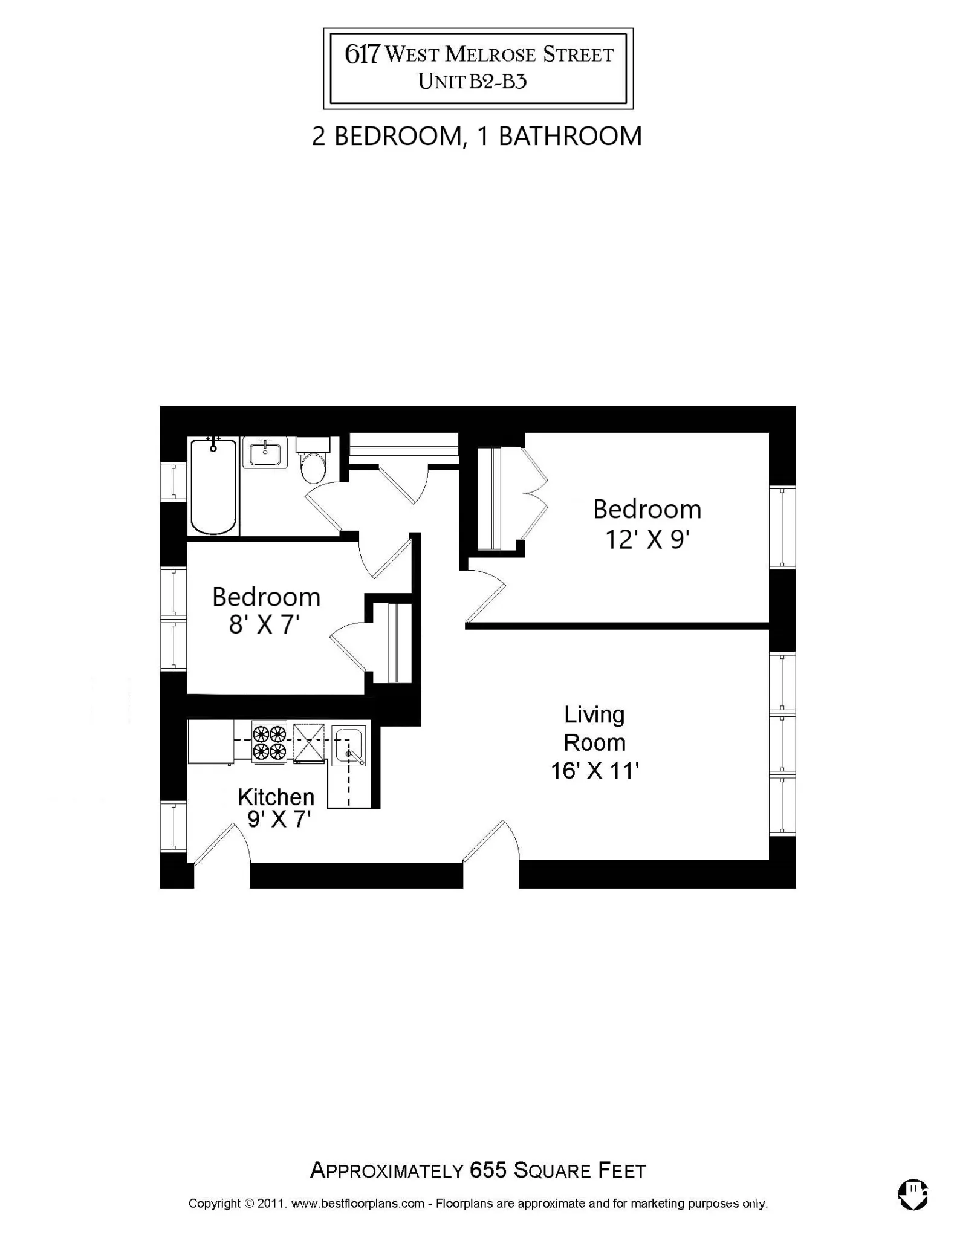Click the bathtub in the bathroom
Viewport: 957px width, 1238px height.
[x=213, y=487]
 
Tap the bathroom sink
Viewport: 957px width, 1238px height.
[x=265, y=453]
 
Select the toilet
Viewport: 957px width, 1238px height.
[x=313, y=463]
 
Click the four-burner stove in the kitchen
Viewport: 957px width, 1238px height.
[x=269, y=742]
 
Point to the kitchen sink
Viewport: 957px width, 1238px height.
[x=349, y=747]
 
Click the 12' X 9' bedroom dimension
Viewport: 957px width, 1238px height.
[x=647, y=540]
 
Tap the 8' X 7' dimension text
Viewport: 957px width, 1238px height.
[x=264, y=624]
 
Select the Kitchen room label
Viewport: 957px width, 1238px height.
[x=276, y=797]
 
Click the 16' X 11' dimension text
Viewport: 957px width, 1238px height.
[x=594, y=771]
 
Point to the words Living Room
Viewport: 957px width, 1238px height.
[x=594, y=728]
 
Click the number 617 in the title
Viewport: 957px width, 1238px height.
[x=362, y=54]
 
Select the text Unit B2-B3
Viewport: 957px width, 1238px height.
[x=472, y=81]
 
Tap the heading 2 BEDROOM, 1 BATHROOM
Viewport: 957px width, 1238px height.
[x=476, y=136]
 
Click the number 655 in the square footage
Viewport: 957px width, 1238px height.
[x=488, y=1170]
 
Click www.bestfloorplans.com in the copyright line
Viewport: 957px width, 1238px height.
[x=357, y=1203]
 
